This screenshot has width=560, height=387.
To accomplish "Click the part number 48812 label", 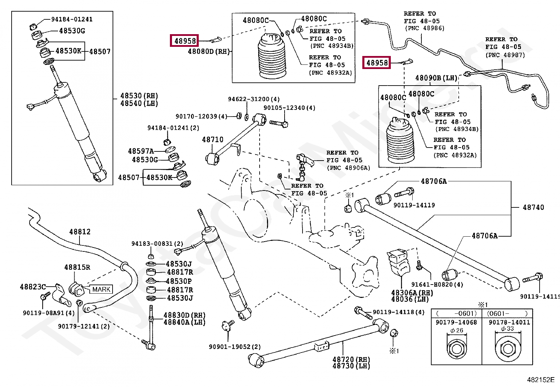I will pyautogui.click(x=80, y=232).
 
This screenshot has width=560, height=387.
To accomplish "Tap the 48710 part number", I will pyautogui.click(x=212, y=140).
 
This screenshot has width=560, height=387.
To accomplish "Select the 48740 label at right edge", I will pyautogui.click(x=533, y=207).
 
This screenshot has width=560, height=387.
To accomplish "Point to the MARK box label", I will pyautogui.click(x=101, y=289).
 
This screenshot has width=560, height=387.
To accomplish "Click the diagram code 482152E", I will pyautogui.click(x=540, y=380).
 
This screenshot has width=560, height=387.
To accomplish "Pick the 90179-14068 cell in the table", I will pyautogui.click(x=456, y=322).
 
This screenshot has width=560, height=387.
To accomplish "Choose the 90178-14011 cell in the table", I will pyautogui.click(x=509, y=322).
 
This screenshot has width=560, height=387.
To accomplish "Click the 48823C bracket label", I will pyautogui.click(x=33, y=287).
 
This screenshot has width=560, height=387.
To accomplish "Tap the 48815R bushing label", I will pyautogui.click(x=77, y=267).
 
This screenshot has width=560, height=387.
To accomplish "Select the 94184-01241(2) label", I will pyautogui.click(x=173, y=128).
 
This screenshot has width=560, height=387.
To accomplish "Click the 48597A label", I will pyautogui.click(x=141, y=151).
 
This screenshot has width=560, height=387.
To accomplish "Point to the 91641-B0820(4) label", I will pyautogui.click(x=437, y=285).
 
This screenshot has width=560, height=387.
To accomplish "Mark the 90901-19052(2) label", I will pyautogui.click(x=235, y=347).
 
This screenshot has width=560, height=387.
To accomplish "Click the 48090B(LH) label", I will pyautogui.click(x=436, y=78).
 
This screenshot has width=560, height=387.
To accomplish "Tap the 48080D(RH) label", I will pyautogui.click(x=209, y=51).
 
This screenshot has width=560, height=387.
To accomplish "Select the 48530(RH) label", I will pyautogui.click(x=139, y=96).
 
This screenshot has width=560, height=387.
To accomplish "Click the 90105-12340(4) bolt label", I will pyautogui.click(x=289, y=108).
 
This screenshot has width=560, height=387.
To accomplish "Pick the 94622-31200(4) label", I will pyautogui.click(x=254, y=99).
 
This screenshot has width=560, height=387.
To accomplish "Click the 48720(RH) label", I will pyautogui.click(x=351, y=360).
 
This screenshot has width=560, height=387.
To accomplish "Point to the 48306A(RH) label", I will pyautogui.click(x=412, y=293).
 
